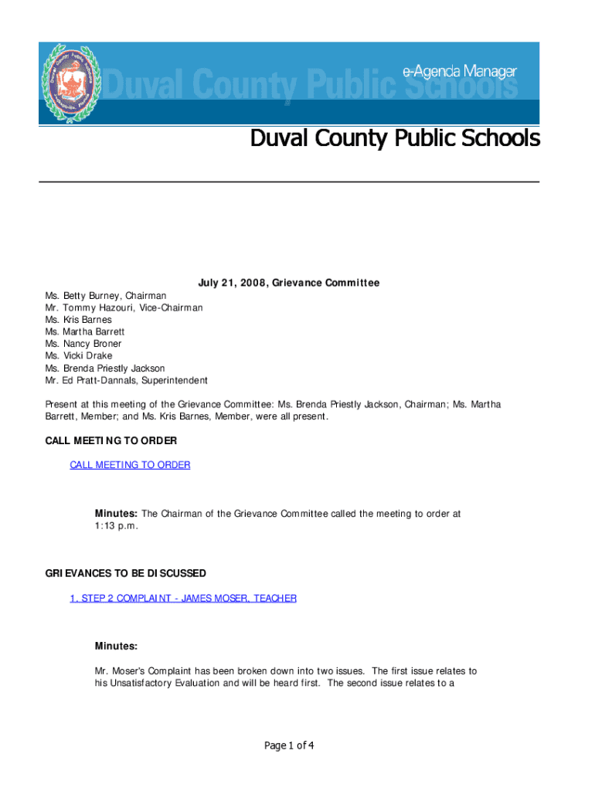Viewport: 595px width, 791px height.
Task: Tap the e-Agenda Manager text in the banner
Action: (459, 71)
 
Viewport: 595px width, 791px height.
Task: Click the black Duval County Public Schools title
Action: (394, 139)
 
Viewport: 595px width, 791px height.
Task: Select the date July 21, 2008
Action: (228, 283)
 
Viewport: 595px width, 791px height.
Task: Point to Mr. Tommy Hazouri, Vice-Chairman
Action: (124, 307)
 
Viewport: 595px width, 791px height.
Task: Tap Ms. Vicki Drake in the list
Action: (79, 356)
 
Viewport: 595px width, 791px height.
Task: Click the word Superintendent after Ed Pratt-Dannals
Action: (175, 381)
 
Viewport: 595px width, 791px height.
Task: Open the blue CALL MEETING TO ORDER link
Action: (130, 465)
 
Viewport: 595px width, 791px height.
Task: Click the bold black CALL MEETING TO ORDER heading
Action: (111, 441)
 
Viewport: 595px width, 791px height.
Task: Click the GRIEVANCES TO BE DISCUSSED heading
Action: (125, 574)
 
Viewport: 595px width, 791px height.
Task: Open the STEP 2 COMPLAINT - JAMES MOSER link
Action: (183, 599)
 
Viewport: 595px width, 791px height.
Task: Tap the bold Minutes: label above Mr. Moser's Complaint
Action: (116, 646)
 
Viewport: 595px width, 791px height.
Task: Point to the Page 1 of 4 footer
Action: (289, 746)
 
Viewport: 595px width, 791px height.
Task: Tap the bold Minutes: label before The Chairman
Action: (116, 514)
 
